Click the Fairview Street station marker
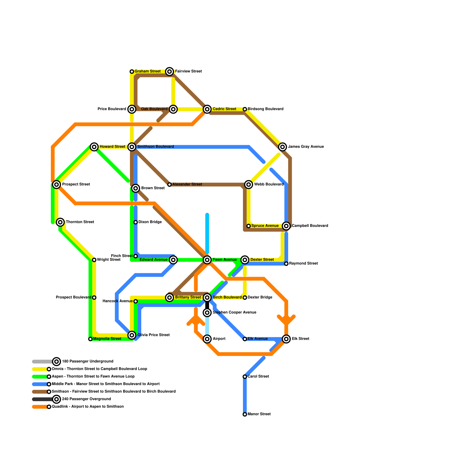point(169,71)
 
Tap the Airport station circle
point(207,339)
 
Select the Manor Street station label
point(259,414)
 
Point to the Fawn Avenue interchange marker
point(207,260)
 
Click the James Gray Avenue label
point(306,147)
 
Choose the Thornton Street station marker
point(60,222)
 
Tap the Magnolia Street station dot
point(90,339)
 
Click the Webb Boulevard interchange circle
point(249,184)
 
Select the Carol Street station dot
point(245,377)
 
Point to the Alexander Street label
point(187,184)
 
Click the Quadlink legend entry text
point(88,407)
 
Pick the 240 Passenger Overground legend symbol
point(57,399)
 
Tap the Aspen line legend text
point(93,377)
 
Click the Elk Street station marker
point(286,339)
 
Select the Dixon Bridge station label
point(150,222)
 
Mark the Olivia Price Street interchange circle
point(132,335)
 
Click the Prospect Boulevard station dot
point(94,297)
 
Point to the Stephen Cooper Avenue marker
point(207,312)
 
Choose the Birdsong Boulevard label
point(266,109)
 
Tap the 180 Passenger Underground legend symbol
point(57,361)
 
